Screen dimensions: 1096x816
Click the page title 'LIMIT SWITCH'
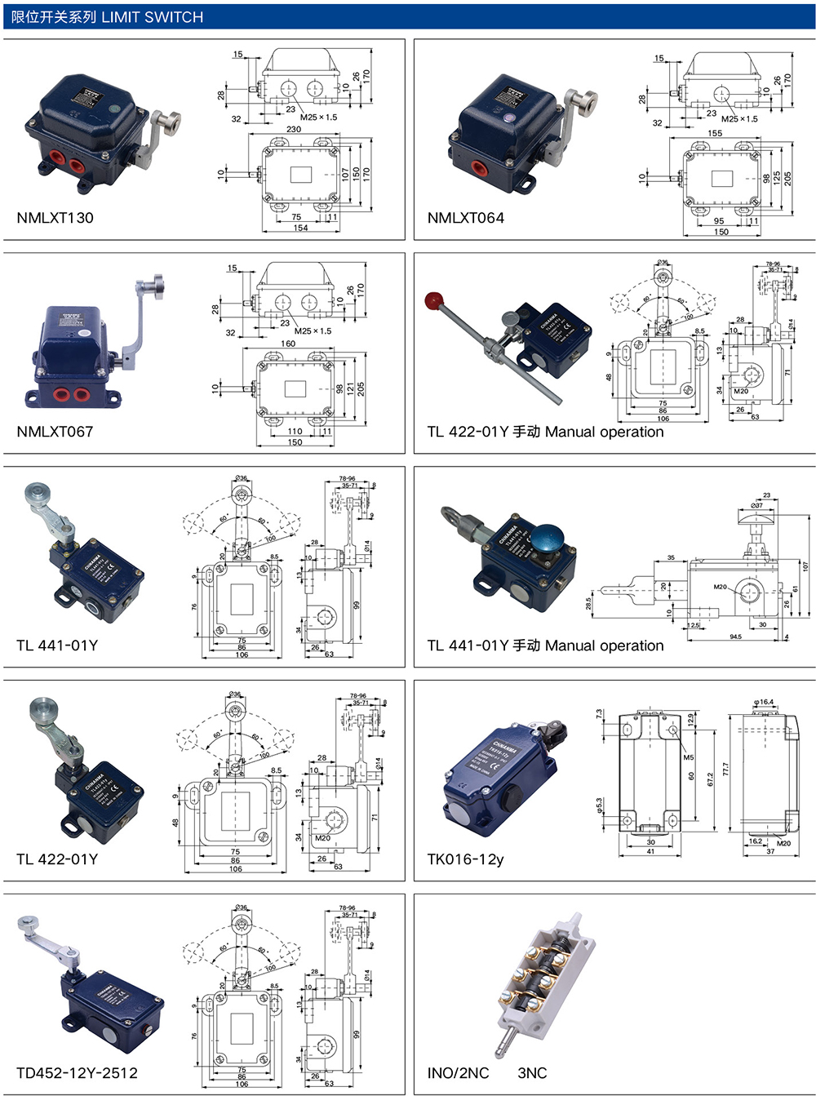[152, 17]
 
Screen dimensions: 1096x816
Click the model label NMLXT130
[55, 218]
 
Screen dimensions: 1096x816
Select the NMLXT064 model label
[466, 218]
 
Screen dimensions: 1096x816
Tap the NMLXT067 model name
[55, 432]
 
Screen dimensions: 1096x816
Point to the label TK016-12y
[465, 859]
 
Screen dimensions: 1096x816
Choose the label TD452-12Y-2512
[77, 1073]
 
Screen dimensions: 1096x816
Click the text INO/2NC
[458, 1073]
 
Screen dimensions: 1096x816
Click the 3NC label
[532, 1073]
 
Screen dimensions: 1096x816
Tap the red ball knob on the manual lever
[432, 301]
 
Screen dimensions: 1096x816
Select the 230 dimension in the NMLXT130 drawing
[293, 129]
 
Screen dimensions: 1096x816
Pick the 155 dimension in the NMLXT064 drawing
[715, 133]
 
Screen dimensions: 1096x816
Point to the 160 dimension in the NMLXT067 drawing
[288, 344]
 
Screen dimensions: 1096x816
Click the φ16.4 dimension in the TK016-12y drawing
[764, 702]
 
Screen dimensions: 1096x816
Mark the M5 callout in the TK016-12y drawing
[688, 757]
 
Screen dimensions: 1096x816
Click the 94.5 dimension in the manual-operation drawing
[735, 637]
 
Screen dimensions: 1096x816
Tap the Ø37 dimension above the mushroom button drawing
[756, 505]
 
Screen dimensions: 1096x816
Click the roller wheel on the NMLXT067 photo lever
[156, 286]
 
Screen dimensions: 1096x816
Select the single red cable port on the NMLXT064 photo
[478, 169]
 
